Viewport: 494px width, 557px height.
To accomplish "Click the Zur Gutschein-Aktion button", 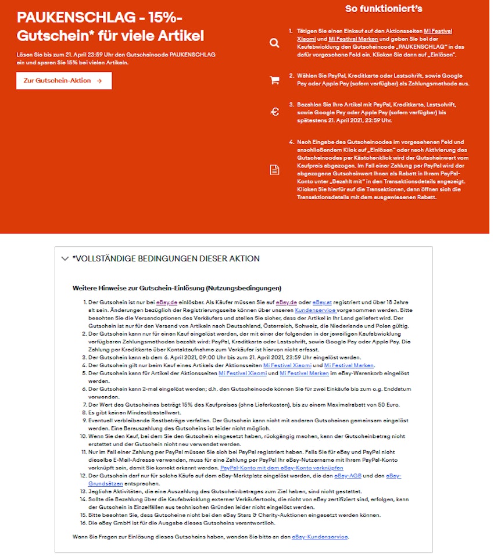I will [63, 81].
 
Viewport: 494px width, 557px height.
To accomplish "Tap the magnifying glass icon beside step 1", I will [274, 43].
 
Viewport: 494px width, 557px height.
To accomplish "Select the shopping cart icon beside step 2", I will [274, 81].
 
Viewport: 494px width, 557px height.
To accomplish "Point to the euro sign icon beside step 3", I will [274, 112].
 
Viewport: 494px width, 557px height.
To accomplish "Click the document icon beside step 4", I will [274, 170].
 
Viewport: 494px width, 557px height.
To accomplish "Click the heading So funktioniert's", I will [384, 9].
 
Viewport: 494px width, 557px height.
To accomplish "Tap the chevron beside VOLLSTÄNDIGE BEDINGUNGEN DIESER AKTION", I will [65, 259].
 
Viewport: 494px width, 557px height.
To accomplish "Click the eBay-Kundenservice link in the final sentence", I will [320, 536].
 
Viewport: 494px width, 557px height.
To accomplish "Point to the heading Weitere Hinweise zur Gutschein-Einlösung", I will [177, 288].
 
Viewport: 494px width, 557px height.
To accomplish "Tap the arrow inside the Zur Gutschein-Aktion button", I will [99, 81].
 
